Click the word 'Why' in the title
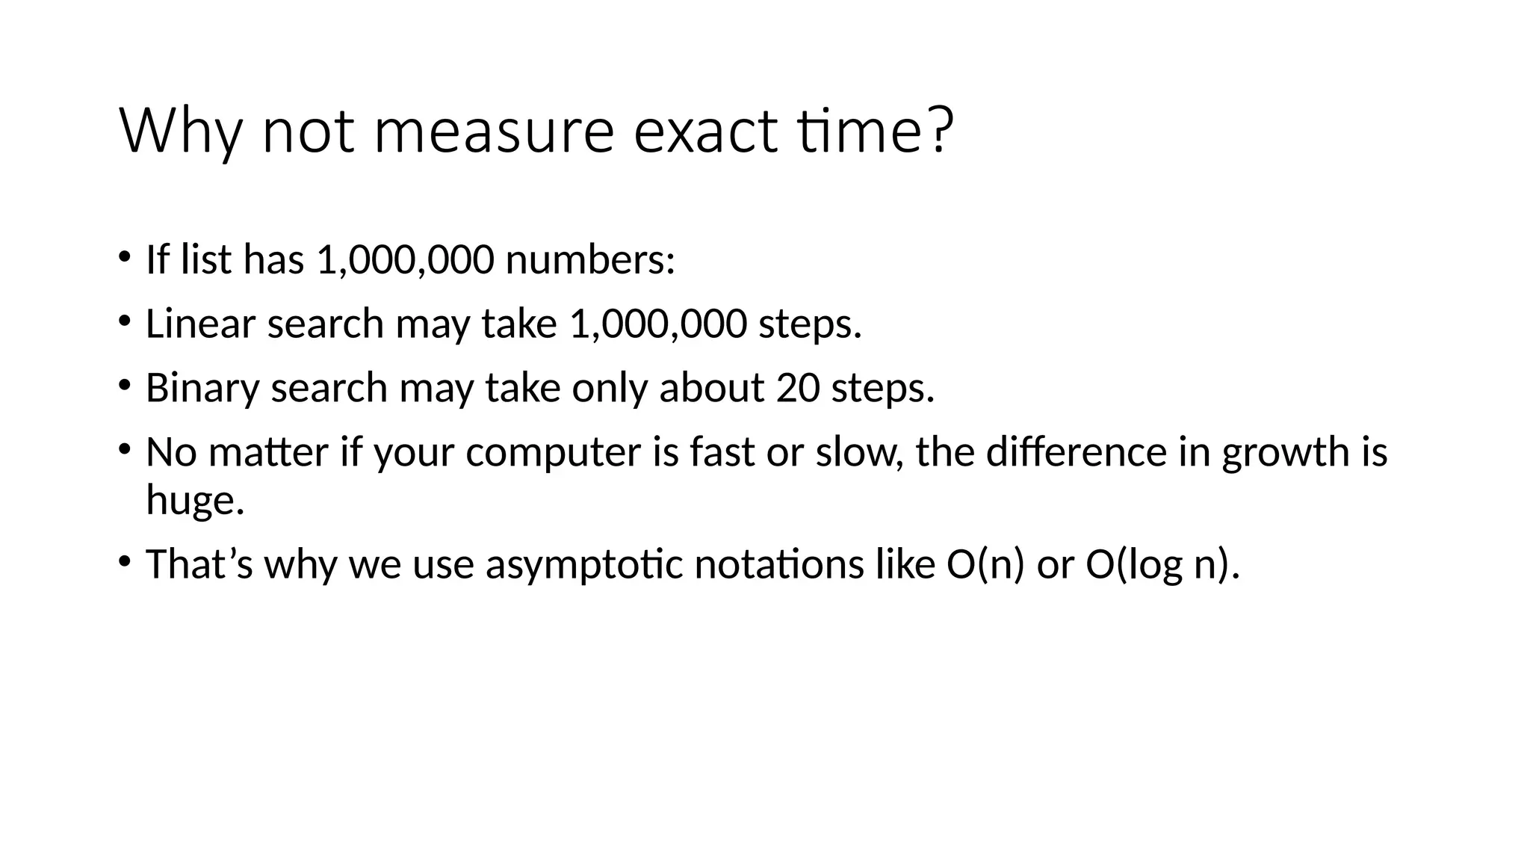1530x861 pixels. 180,133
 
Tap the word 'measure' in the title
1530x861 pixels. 493,133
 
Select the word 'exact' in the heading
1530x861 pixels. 706,133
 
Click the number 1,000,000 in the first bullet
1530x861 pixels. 405,260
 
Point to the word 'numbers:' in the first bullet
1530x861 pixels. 590,260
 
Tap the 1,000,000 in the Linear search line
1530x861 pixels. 657,324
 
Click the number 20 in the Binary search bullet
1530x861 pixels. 798,389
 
